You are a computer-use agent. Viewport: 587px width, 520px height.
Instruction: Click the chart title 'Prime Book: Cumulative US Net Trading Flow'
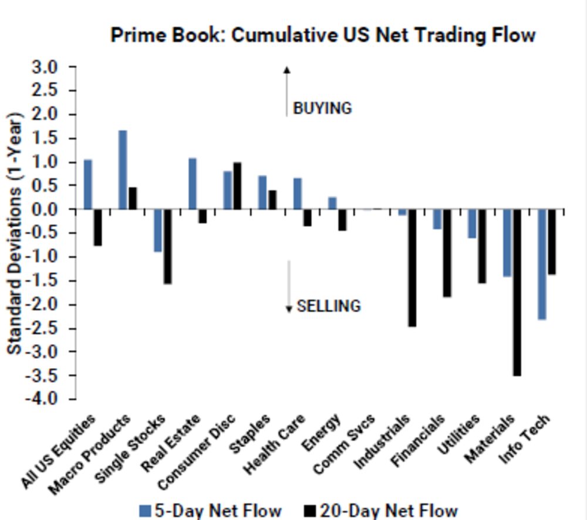323,35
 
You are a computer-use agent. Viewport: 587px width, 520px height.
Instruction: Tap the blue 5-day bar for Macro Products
123,170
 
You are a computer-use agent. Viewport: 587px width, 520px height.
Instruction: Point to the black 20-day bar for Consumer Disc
237,186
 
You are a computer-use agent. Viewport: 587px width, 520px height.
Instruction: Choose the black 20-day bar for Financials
447,253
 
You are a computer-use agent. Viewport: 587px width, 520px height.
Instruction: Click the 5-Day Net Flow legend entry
211,510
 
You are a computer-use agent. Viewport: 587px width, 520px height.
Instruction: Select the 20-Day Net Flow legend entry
381,510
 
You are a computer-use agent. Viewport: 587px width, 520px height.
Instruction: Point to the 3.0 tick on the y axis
46,67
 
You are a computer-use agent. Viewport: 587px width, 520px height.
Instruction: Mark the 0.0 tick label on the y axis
46,209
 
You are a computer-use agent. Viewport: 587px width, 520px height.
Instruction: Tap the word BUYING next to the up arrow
322,108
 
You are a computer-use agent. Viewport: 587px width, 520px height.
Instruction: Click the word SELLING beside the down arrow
329,306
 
